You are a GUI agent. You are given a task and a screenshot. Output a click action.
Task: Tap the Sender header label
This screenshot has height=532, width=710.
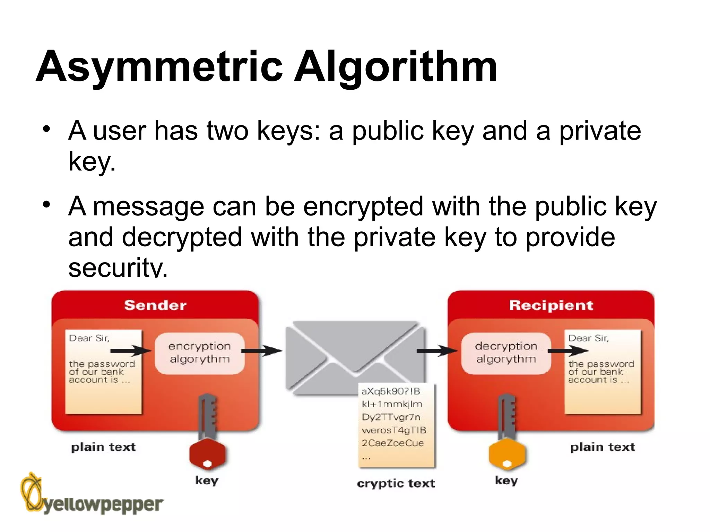[155, 305]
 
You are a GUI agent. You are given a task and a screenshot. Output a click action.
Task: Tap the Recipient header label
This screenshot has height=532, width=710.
[551, 305]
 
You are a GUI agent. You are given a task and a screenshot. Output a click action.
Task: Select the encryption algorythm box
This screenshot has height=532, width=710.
[200, 353]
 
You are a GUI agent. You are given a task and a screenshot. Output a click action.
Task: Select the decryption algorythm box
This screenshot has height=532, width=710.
[506, 353]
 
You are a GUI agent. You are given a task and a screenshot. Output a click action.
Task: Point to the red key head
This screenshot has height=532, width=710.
[207, 454]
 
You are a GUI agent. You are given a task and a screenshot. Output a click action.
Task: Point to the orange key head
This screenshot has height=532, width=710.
[507, 454]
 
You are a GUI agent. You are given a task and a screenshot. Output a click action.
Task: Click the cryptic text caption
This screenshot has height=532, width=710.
[396, 483]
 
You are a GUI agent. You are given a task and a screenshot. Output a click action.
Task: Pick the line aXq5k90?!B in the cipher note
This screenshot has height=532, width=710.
[391, 391]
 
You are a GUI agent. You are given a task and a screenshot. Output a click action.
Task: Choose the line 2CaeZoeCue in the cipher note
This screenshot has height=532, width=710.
[392, 443]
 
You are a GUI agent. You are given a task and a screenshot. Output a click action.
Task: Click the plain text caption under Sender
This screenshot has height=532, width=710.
[103, 447]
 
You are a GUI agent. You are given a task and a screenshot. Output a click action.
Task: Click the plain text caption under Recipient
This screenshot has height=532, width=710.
[603, 447]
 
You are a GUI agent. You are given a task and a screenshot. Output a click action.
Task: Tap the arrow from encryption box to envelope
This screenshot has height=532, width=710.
[262, 351]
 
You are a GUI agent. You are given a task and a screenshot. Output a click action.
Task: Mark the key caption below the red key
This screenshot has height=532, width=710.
[207, 481]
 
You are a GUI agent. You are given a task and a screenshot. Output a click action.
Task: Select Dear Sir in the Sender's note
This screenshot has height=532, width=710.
[89, 338]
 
